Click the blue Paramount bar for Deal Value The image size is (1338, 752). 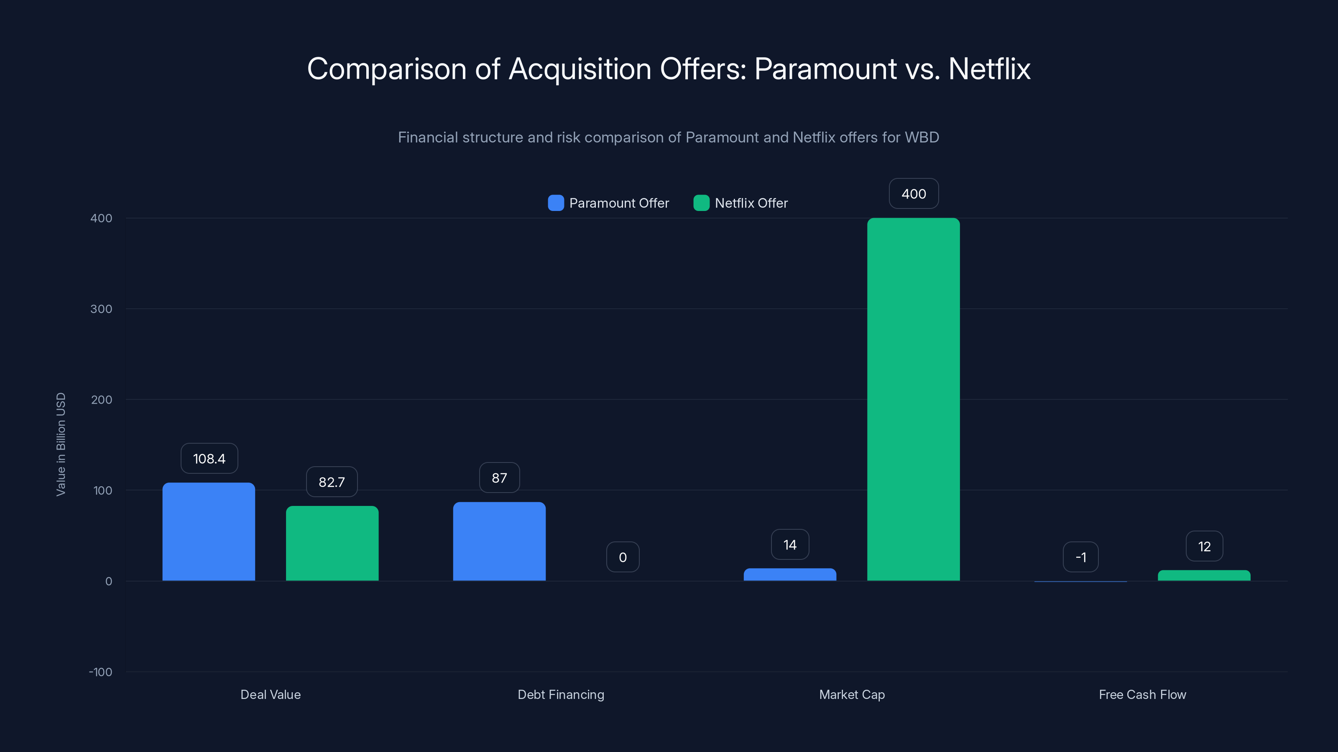point(208,531)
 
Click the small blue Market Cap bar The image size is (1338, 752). point(789,574)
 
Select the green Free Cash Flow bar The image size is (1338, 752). point(1204,576)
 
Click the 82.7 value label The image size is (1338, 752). point(332,482)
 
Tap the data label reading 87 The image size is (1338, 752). point(499,478)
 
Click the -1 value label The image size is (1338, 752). point(1080,557)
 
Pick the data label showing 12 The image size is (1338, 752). point(1204,546)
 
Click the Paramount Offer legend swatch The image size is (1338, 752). point(556,203)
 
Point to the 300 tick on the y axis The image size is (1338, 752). point(101,309)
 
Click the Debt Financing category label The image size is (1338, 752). point(561,694)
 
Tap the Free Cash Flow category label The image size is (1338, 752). point(1142,694)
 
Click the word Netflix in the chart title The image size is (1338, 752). point(989,69)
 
